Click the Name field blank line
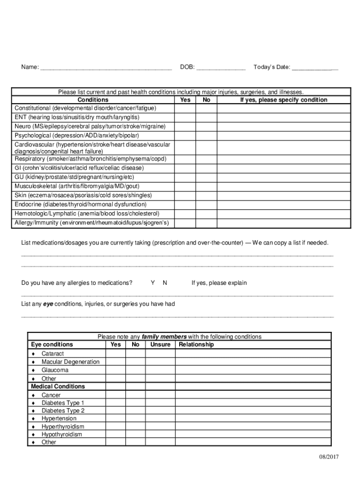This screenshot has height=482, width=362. click(106, 68)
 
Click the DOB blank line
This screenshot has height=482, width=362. click(220, 68)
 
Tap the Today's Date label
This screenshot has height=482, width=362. click(272, 67)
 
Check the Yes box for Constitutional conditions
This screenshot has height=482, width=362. click(185, 108)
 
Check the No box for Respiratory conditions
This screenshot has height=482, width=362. click(206, 159)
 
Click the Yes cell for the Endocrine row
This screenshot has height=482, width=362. click(185, 205)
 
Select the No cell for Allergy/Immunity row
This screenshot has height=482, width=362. click(206, 223)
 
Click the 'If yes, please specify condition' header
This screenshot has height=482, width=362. click(283, 100)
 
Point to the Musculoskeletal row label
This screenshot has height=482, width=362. click(83, 186)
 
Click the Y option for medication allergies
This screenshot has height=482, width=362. click(153, 283)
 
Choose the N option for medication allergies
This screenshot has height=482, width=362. click(165, 283)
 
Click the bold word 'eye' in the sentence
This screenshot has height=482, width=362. click(48, 304)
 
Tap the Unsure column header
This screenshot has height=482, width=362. click(160, 345)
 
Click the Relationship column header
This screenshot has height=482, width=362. click(196, 345)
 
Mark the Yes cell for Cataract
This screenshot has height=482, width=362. click(115, 353)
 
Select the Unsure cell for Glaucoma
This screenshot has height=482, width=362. click(160, 370)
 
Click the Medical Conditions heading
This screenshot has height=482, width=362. click(58, 386)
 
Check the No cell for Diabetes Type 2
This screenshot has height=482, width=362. click(135, 411)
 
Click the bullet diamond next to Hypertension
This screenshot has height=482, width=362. click(33, 419)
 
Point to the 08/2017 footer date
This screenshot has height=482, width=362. click(328, 457)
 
